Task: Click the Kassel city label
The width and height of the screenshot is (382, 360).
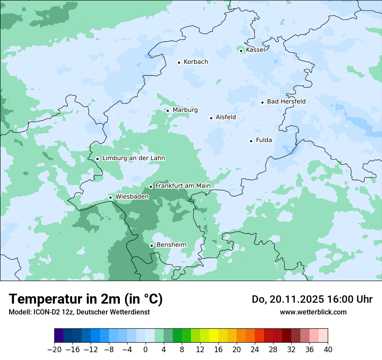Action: tap(255, 50)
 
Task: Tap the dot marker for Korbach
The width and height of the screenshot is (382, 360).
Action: tap(179, 62)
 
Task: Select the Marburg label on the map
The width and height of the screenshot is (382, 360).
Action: tap(185, 110)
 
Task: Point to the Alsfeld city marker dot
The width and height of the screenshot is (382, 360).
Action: tap(211, 118)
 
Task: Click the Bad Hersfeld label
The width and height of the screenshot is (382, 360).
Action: tap(286, 101)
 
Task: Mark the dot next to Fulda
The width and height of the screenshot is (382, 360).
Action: tap(251, 141)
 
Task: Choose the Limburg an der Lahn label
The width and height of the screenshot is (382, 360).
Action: tap(133, 158)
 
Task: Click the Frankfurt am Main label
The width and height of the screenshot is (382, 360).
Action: tap(183, 186)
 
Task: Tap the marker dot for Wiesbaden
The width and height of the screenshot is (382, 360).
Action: tap(111, 197)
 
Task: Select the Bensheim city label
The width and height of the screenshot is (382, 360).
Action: tap(171, 245)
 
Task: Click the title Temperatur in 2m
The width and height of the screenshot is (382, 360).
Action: tap(86, 299)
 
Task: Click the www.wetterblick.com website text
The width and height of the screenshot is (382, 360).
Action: tap(313, 312)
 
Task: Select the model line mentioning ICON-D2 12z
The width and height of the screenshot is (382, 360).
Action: tap(79, 312)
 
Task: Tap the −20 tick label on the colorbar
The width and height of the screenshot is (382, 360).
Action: tap(54, 350)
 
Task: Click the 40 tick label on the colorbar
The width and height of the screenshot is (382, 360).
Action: tap(328, 350)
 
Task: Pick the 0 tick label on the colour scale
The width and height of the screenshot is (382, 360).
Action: tap(145, 350)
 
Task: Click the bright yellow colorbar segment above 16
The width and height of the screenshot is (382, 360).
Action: tap(214, 336)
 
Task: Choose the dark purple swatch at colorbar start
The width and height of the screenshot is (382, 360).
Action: tap(59, 336)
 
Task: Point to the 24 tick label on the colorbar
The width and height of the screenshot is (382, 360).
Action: tap(255, 350)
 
